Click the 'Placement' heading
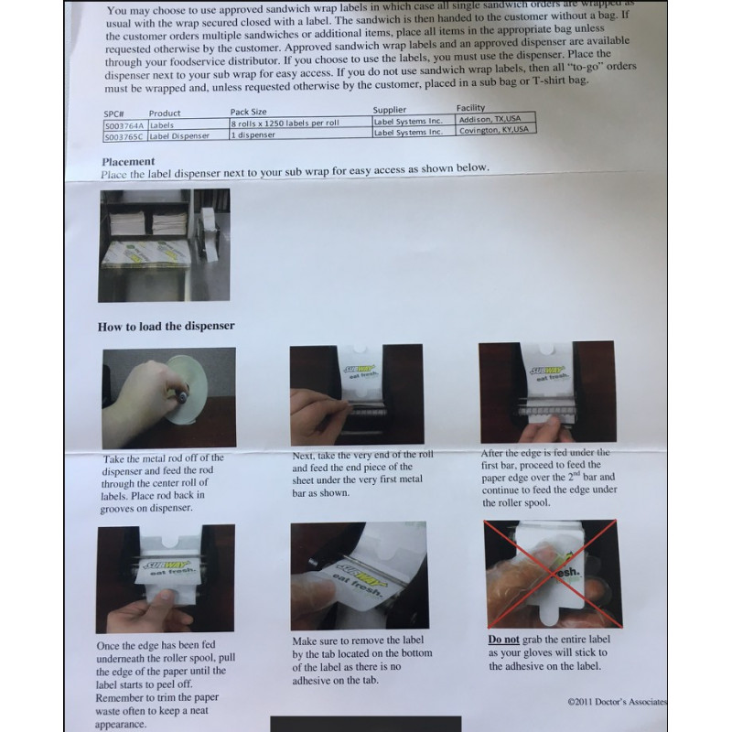pyautogui.click(x=128, y=161)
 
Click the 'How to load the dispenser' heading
pyautogui.click(x=167, y=326)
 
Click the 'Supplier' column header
pyautogui.click(x=396, y=110)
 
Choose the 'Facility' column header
pyautogui.click(x=470, y=108)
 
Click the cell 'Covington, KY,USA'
pyautogui.click(x=495, y=130)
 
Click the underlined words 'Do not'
pyautogui.click(x=503, y=640)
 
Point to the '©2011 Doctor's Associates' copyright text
pyautogui.click(x=617, y=702)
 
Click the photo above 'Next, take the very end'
pyautogui.click(x=356, y=394)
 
